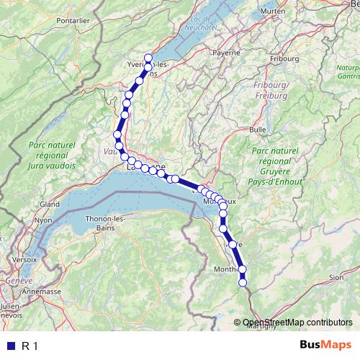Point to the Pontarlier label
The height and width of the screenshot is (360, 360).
[72, 21]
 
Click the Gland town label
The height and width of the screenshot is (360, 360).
[50, 204]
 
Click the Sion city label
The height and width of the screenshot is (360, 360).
[336, 276]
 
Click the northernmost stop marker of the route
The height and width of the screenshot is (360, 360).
[149, 58]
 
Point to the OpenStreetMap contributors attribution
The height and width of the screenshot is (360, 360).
[297, 323]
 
